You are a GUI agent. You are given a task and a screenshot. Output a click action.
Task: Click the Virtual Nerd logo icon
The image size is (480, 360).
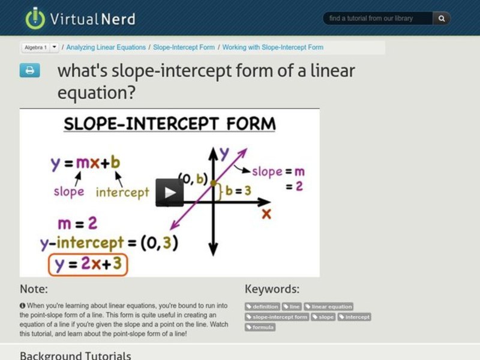pos(35,18)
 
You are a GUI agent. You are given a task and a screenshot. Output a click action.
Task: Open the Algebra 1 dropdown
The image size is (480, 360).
pos(55,47)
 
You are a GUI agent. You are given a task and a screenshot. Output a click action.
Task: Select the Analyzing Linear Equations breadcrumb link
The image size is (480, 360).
pos(106,47)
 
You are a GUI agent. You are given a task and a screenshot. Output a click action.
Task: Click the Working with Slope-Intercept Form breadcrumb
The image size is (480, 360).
pos(273,47)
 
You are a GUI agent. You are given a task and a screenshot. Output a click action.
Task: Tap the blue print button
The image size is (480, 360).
pos(29,70)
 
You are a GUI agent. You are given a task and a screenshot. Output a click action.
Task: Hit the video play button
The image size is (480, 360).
pos(170,193)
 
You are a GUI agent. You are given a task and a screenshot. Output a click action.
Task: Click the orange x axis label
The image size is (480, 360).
pos(266,214)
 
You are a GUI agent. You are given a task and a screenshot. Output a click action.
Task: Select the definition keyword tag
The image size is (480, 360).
pos(262,307)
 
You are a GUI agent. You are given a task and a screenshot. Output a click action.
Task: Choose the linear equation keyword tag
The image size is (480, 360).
pos(328,307)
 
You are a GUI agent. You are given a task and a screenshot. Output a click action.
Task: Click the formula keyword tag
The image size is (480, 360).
pos(260,327)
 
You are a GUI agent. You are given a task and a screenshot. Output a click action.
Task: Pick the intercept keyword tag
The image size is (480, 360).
pos(354,317)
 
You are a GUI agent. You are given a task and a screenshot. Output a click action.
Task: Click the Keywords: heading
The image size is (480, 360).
pos(272,289)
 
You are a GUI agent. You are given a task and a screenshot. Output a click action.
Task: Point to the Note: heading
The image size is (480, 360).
pos(34,289)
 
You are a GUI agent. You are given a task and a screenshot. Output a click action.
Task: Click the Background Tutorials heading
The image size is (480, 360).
pos(75,355)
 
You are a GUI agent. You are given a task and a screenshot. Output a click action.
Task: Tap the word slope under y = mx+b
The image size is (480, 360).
pos(69,192)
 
